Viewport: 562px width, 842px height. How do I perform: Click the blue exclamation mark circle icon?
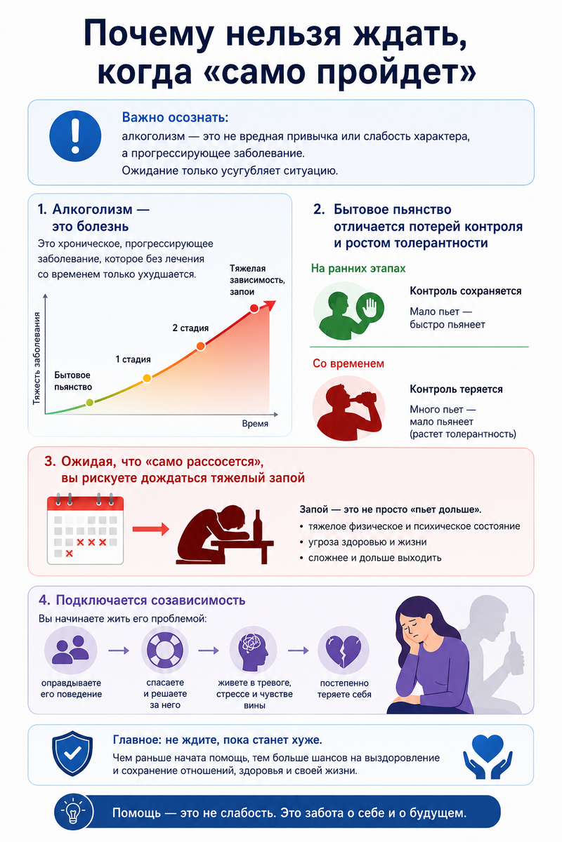click(x=75, y=135)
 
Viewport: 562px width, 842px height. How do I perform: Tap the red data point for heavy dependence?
click(x=254, y=308)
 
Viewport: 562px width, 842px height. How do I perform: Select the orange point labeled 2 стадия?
click(x=201, y=346)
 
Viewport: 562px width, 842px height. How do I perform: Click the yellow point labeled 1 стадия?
click(x=148, y=378)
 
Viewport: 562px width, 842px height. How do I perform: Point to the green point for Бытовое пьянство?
click(x=90, y=403)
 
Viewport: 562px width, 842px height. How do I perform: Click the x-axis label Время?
click(x=255, y=424)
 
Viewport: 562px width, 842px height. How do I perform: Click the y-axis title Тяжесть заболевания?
click(x=37, y=359)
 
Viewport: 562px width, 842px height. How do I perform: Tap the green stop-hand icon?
click(x=370, y=307)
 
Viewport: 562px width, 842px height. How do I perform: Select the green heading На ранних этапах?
click(x=358, y=268)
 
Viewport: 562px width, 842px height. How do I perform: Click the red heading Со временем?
click(x=348, y=363)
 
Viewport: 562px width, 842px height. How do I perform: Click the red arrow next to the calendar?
click(x=150, y=529)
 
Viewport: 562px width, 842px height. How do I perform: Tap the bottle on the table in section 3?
click(x=258, y=526)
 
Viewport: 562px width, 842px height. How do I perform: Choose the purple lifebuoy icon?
click(x=164, y=650)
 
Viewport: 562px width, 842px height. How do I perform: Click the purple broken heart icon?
click(x=344, y=650)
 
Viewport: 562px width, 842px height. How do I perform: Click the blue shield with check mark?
click(x=72, y=753)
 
